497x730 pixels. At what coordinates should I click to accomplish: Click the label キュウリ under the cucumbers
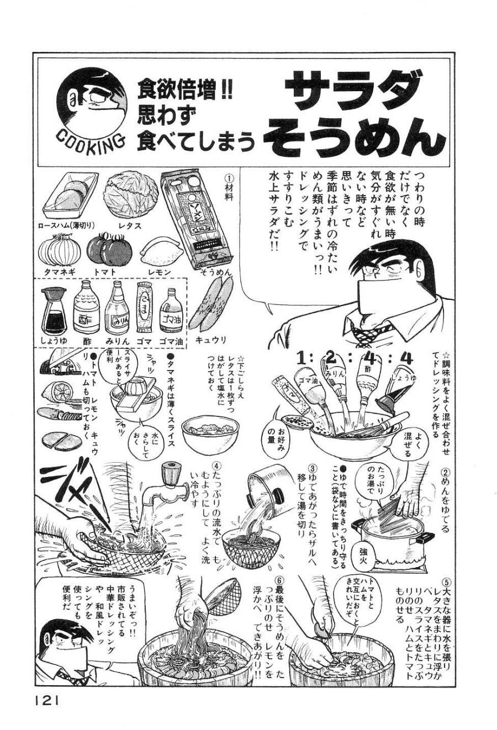tap(212, 341)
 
